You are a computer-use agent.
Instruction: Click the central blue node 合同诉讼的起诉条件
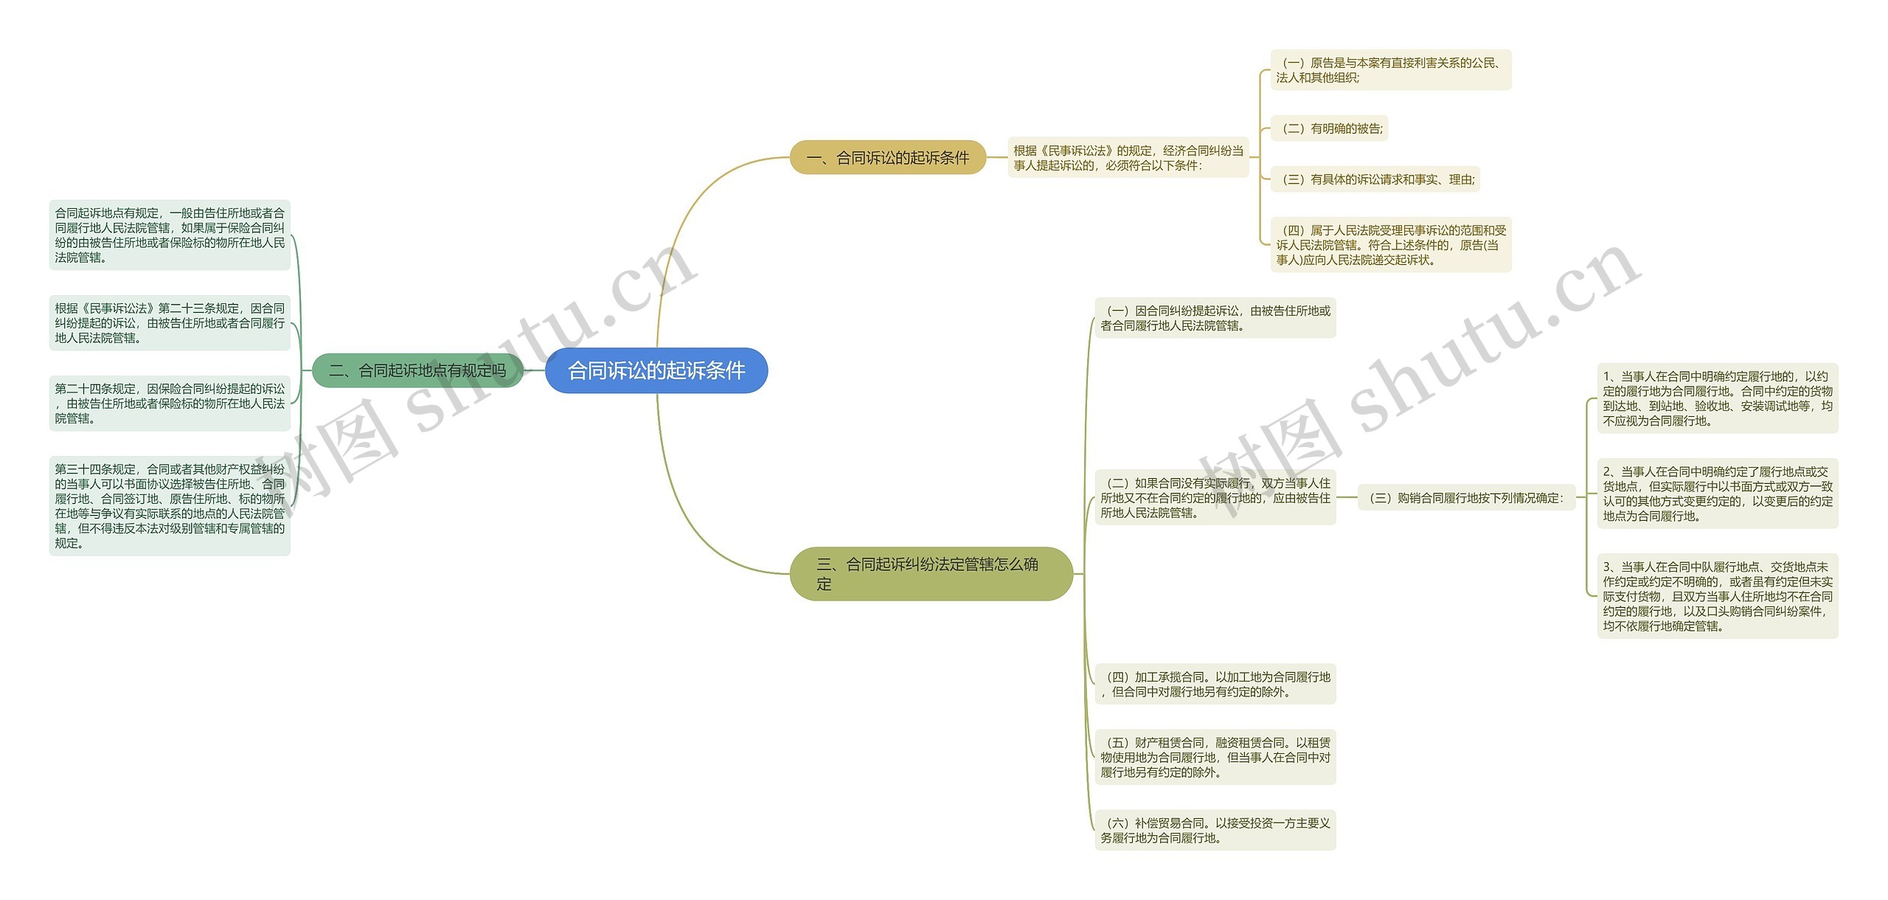[656, 370]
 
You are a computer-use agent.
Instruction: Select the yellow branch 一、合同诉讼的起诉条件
[887, 157]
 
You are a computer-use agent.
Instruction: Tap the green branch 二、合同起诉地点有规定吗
[417, 370]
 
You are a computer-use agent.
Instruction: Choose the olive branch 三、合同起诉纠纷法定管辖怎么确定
[930, 574]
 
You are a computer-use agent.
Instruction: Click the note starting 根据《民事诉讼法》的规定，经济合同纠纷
[1128, 157]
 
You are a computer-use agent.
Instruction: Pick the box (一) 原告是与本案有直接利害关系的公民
[1390, 70]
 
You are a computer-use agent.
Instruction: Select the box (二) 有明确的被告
[1328, 128]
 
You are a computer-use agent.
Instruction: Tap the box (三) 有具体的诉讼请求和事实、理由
[1375, 179]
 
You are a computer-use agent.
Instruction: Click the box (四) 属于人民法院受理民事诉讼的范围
[1390, 245]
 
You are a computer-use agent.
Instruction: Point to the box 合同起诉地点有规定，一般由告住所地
[170, 235]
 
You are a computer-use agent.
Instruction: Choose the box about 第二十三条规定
[170, 323]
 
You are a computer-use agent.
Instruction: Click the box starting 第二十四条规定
[170, 404]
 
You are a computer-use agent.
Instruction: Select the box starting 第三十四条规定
[170, 506]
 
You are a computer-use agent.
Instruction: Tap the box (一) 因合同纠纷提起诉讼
[1215, 318]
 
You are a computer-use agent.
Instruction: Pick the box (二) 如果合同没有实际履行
[1215, 498]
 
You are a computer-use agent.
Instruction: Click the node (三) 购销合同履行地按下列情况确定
[1465, 498]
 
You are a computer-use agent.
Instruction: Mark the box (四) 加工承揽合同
[1215, 684]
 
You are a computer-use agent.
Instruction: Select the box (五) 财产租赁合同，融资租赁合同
[1215, 758]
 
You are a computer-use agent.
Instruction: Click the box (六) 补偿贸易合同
[1215, 830]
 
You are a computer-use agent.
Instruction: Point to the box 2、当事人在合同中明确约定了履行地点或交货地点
[1717, 494]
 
